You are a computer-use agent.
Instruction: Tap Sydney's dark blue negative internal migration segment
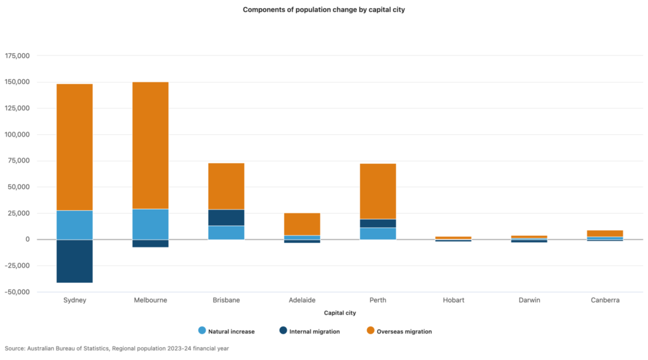pos(75,261)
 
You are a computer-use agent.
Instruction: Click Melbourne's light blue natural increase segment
pos(150,224)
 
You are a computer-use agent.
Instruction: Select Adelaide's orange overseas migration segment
pos(302,224)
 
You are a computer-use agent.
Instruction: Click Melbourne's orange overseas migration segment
pos(150,145)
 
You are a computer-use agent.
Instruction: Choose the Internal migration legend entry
pos(309,331)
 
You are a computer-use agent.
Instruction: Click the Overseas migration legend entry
pos(399,331)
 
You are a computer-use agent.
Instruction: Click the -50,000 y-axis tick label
pos(18,292)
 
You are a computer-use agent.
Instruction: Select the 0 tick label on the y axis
pos(27,240)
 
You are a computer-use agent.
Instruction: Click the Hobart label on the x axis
pos(453,301)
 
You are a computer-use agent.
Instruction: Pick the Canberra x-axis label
pos(605,301)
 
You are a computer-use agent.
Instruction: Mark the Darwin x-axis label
pos(529,301)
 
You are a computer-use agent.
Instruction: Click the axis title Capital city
pos(340,313)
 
